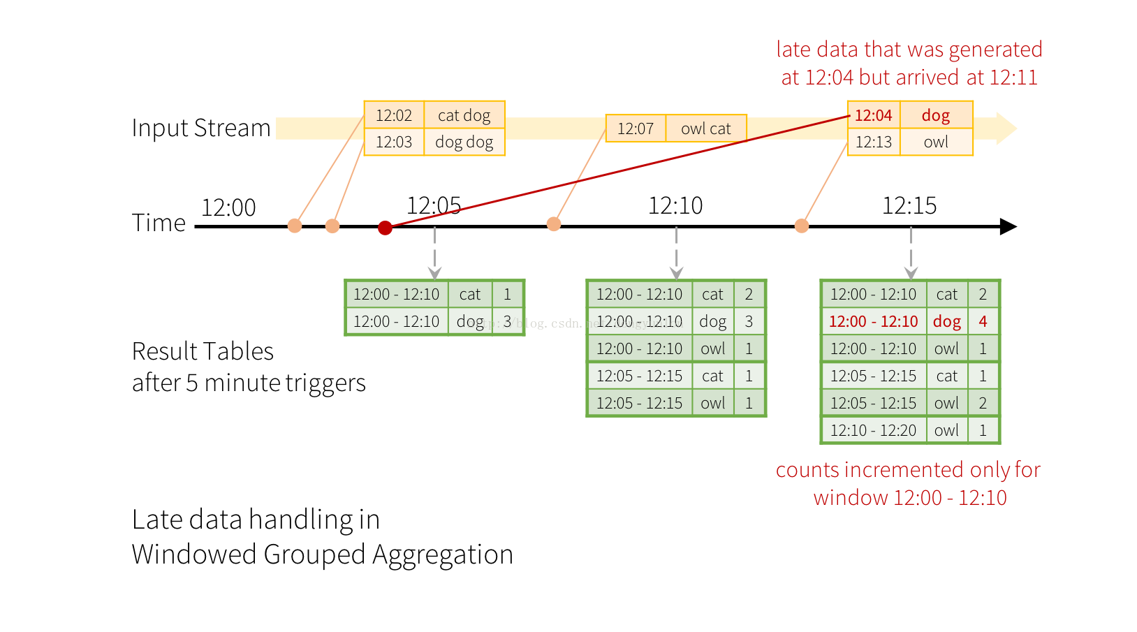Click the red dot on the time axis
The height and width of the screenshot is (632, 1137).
tap(386, 228)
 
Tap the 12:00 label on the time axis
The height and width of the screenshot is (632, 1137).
tap(228, 207)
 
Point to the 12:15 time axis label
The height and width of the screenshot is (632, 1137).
tap(909, 205)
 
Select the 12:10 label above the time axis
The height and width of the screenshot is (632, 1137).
tap(675, 205)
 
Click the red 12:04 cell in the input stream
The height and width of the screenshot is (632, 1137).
tap(874, 115)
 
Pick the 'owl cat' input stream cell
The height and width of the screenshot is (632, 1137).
tap(706, 128)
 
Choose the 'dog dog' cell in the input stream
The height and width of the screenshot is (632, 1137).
tap(464, 142)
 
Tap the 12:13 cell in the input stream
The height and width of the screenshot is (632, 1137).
tap(874, 142)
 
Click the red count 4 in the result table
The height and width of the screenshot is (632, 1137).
tap(983, 321)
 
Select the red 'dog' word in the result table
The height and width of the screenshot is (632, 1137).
tap(947, 322)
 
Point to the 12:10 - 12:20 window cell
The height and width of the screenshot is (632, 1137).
tap(874, 430)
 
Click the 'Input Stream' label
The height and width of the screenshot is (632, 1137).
tap(201, 127)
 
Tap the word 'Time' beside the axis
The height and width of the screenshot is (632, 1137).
tap(159, 223)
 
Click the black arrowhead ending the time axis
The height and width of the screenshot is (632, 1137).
tap(1008, 226)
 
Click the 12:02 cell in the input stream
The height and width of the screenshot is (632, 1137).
tap(394, 115)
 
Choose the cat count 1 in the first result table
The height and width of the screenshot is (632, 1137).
tap(507, 294)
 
